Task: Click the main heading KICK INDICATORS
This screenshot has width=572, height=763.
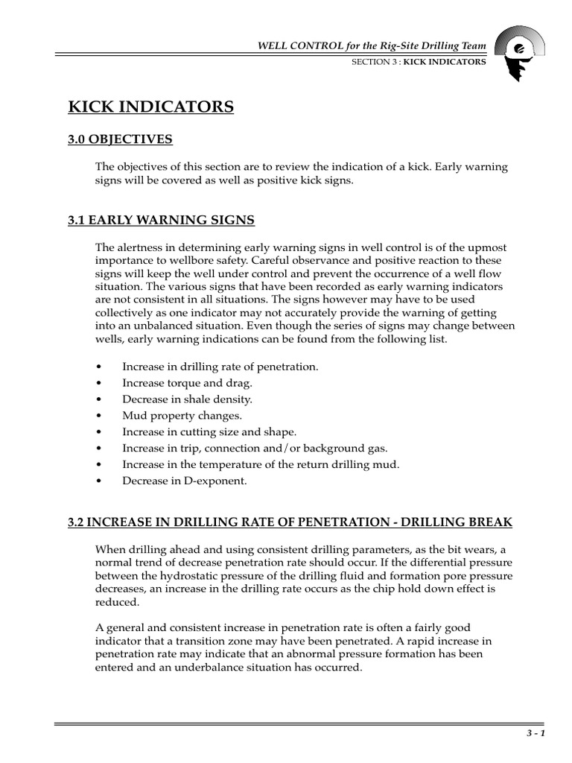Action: point(151,107)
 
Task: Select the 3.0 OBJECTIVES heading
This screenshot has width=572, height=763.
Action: point(120,139)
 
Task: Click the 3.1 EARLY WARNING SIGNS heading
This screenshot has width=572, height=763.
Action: point(162,220)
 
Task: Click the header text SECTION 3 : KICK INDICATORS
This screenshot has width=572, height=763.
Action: point(419,63)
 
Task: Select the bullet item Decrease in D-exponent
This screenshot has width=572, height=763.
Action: point(184,481)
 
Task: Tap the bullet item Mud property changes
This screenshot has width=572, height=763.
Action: point(182,416)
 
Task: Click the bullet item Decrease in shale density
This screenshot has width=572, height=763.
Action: point(187,399)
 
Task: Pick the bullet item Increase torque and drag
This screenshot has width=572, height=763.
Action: point(188,383)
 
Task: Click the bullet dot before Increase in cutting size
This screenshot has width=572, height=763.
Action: point(100,432)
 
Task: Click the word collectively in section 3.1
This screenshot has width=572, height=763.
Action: point(125,313)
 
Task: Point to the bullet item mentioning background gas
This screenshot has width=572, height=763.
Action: point(255,448)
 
